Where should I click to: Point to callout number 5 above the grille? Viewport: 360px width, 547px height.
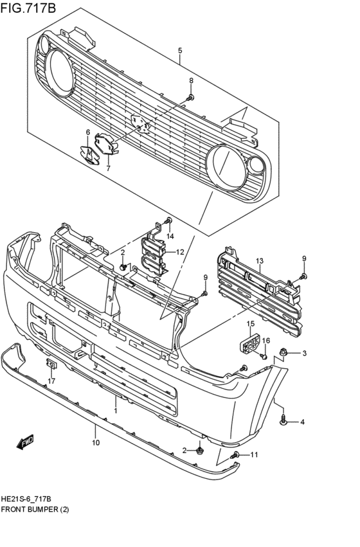tap(180, 51)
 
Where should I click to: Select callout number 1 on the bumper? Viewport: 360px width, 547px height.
tap(116, 410)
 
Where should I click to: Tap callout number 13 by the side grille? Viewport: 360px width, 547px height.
tap(260, 260)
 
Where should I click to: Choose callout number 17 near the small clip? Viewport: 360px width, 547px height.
tap(52, 381)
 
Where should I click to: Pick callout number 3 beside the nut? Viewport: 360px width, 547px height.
tap(304, 353)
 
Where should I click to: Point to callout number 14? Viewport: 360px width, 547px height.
tap(170, 237)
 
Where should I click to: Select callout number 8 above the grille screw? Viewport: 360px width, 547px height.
tap(191, 80)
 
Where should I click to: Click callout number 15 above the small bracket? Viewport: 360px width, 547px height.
tap(251, 323)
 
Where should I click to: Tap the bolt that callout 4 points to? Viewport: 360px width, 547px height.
tap(283, 421)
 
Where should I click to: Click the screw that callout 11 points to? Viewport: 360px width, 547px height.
tap(235, 455)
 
